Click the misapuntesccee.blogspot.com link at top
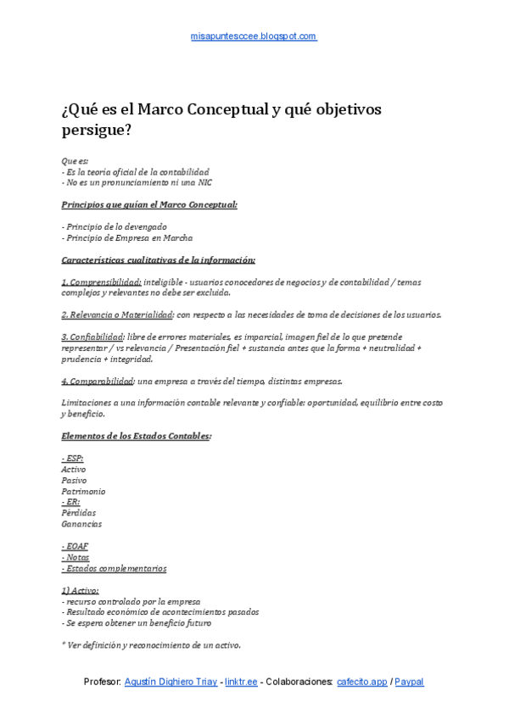pos(254,36)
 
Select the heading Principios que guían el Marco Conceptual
pos(149,204)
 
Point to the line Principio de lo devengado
pos(115,226)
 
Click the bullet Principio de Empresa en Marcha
pos(127,237)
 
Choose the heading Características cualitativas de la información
pos(159,259)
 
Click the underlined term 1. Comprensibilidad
pos(102,281)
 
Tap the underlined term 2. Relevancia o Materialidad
pos(117,315)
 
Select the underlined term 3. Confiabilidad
pos(92,337)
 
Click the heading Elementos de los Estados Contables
pos(137,436)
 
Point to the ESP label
pos(72,458)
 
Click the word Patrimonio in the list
pos(83,491)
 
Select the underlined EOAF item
pos(75,546)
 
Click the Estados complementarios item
pos(115,568)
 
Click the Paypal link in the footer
pos(409,682)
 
